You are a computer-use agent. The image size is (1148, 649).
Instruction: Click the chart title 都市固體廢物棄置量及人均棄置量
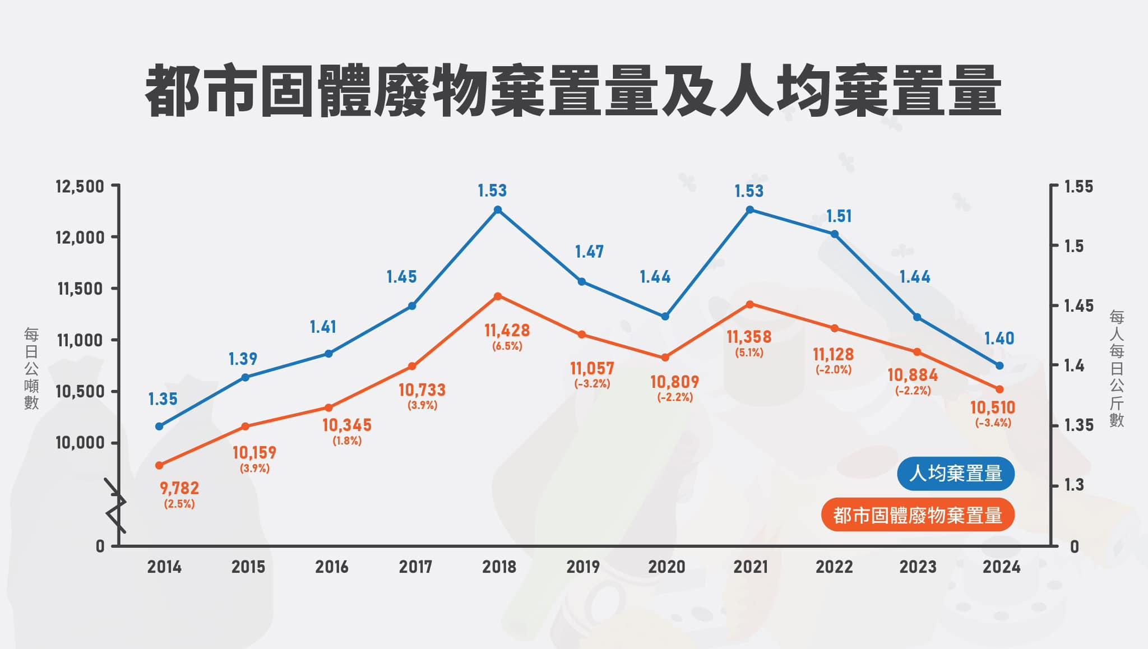pyautogui.click(x=573, y=91)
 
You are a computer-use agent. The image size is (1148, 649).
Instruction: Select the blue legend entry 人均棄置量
pyautogui.click(x=955, y=474)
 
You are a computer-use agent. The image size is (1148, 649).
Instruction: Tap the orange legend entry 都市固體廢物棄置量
pyautogui.click(x=918, y=515)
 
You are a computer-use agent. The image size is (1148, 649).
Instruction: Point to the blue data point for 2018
pyautogui.click(x=498, y=210)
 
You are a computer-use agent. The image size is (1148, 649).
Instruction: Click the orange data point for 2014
pyautogui.click(x=159, y=465)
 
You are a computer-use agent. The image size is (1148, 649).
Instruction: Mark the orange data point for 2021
pyautogui.click(x=749, y=304)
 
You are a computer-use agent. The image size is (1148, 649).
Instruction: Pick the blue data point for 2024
pyautogui.click(x=999, y=365)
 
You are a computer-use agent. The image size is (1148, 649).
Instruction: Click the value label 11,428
pyautogui.click(x=507, y=330)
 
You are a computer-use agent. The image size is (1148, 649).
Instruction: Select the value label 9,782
pyautogui.click(x=179, y=488)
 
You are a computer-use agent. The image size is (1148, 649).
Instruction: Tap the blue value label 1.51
pyautogui.click(x=839, y=216)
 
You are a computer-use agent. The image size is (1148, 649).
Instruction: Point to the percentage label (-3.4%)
pyautogui.click(x=993, y=423)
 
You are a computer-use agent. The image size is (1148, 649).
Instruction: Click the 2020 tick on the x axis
pyautogui.click(x=666, y=567)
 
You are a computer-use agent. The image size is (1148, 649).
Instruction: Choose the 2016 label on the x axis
pyautogui.click(x=331, y=567)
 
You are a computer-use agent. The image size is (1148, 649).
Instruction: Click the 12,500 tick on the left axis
pyautogui.click(x=80, y=186)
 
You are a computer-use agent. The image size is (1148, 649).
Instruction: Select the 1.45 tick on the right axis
pyautogui.click(x=1078, y=306)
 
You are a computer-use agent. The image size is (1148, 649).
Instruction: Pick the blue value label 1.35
pyautogui.click(x=163, y=399)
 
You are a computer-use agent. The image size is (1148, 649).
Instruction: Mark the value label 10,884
pyautogui.click(x=913, y=375)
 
